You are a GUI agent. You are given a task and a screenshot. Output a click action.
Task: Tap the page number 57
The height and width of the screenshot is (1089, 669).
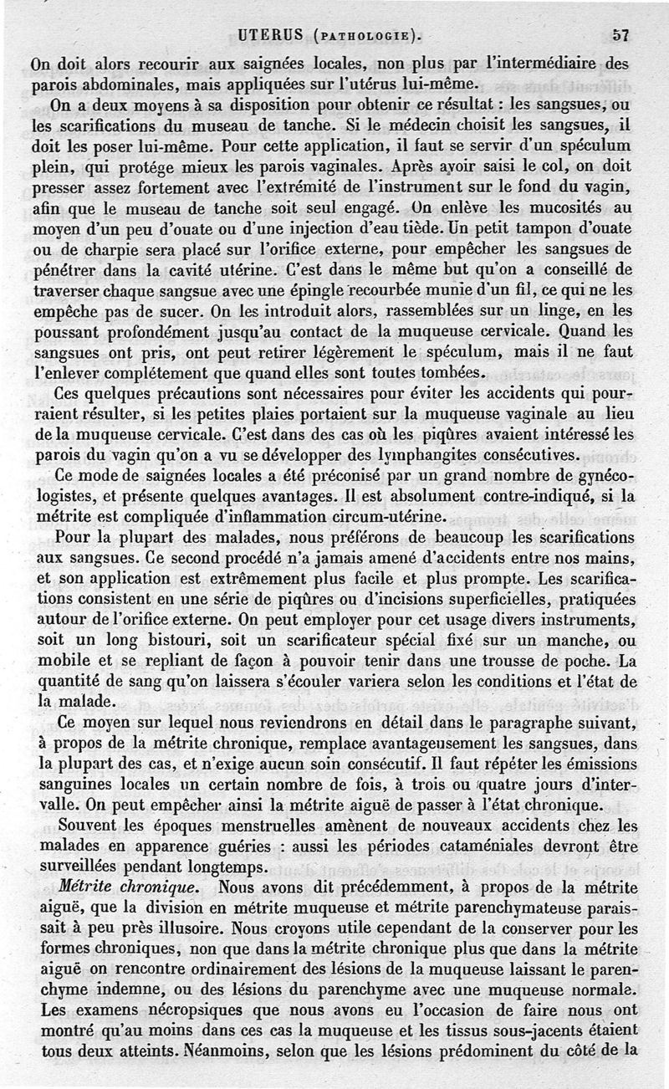pyautogui.click(x=620, y=35)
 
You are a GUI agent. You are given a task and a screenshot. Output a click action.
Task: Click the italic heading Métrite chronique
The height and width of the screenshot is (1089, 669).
pyautogui.click(x=129, y=887)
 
